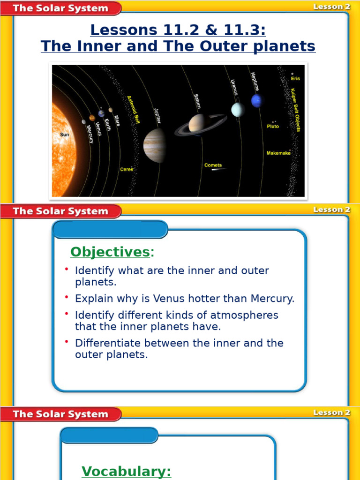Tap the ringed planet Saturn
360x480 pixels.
click(x=197, y=124)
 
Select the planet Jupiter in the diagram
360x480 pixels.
click(x=155, y=145)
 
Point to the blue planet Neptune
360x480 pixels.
click(x=256, y=100)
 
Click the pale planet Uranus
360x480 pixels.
click(x=238, y=109)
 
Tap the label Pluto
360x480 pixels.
click(x=272, y=126)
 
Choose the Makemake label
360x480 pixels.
click(x=278, y=153)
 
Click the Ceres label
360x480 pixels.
click(x=127, y=169)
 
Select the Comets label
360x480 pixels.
click(x=213, y=165)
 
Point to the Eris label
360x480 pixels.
click(x=295, y=79)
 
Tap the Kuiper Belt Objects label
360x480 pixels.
click(x=295, y=110)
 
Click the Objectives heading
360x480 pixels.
click(x=110, y=252)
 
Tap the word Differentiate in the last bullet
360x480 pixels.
click(x=109, y=343)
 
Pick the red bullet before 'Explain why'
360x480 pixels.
click(x=67, y=298)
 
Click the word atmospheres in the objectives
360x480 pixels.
click(x=246, y=315)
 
